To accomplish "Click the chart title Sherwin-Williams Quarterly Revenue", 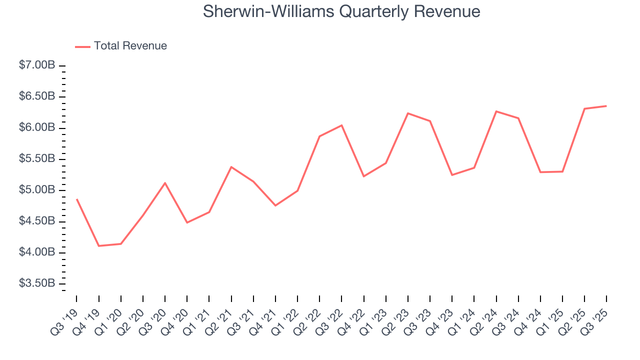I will [341, 11].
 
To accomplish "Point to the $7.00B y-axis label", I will [37, 65].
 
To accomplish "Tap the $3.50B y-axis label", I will [37, 283].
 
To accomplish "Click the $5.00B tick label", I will [37, 190].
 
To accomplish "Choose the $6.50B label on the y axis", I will [37, 96].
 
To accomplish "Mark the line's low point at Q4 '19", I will [98, 246].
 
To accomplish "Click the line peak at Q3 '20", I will [165, 183].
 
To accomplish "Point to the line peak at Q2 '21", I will [231, 167].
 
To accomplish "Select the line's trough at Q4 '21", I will [275, 205].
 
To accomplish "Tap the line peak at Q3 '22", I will [341, 125].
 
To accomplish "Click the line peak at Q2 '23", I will [408, 113].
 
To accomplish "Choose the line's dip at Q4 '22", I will [363, 176].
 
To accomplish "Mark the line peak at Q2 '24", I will [496, 111].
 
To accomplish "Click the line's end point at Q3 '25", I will [606, 106].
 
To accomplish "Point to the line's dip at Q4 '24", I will [540, 172].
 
